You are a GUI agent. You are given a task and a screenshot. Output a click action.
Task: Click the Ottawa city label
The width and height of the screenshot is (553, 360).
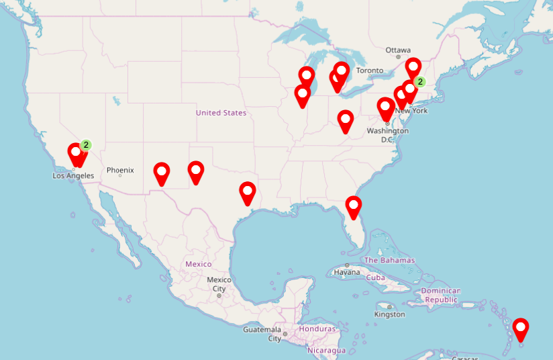397,50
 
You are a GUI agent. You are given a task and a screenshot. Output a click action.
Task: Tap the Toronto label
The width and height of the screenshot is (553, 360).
370,71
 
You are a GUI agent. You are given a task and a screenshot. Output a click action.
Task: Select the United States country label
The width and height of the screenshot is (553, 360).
221,113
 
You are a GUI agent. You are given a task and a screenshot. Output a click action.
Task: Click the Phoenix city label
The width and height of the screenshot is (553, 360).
120,171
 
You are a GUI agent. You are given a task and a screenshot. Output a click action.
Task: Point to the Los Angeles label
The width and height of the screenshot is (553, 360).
73,176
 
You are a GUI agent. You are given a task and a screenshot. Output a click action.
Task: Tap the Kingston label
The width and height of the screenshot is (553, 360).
389,314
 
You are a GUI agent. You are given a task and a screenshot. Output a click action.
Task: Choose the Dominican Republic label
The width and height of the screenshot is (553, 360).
441,295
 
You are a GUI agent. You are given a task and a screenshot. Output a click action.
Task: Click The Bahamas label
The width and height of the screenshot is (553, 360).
389,261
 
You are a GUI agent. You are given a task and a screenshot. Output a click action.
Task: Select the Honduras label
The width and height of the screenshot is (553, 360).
317,329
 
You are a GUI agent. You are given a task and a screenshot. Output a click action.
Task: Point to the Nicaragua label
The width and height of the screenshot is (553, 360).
326,350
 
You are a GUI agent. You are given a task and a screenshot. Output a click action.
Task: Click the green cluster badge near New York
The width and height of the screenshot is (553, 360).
419,82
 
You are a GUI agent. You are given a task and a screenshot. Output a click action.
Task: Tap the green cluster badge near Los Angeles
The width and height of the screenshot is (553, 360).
86,144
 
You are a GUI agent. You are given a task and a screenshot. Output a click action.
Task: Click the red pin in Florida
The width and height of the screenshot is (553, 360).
353,206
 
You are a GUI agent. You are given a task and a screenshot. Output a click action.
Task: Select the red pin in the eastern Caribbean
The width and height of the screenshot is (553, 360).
521,329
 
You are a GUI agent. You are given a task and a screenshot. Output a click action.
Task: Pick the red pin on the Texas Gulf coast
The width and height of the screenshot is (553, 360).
248,192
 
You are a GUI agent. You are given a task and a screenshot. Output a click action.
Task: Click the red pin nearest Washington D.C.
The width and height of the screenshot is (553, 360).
385,107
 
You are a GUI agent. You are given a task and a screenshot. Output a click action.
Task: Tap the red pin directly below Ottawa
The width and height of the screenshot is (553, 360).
413,67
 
